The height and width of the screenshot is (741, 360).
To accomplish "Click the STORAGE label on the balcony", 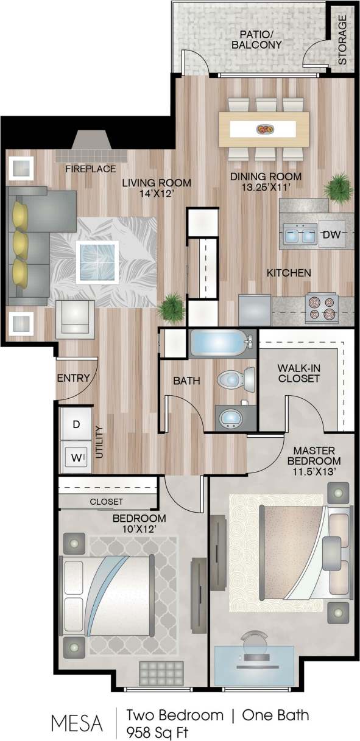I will (x=343, y=40).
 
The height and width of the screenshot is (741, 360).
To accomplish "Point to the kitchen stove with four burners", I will (x=320, y=308).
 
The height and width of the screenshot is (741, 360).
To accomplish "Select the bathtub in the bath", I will (x=219, y=343).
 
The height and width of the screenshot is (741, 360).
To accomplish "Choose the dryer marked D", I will (x=76, y=424).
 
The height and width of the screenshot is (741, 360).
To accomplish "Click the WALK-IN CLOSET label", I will (x=298, y=373).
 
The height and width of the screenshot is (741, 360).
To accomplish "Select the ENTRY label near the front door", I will (x=73, y=378).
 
